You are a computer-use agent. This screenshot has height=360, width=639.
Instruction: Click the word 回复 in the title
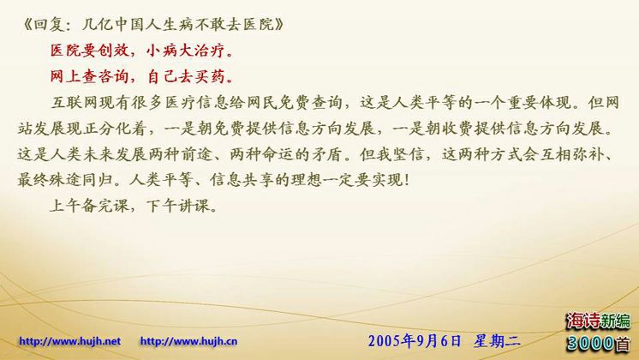47,25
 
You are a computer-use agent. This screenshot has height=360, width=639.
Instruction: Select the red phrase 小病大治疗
185,51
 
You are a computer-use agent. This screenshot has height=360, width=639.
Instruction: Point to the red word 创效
114,51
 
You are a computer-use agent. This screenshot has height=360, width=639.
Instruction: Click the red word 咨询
114,76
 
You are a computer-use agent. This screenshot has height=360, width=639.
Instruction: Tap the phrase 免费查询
311,102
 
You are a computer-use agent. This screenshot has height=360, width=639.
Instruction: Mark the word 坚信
408,154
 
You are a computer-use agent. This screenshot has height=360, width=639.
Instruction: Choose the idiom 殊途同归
81,180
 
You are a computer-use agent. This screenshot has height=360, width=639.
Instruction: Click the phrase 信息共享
242,180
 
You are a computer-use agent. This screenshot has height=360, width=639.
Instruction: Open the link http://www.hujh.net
69,341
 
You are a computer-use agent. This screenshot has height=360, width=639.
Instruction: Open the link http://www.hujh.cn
188,341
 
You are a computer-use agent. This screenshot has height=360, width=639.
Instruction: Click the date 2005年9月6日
415,341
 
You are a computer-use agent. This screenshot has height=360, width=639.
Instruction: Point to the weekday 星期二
497,341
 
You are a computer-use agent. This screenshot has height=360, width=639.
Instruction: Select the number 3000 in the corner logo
590,343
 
